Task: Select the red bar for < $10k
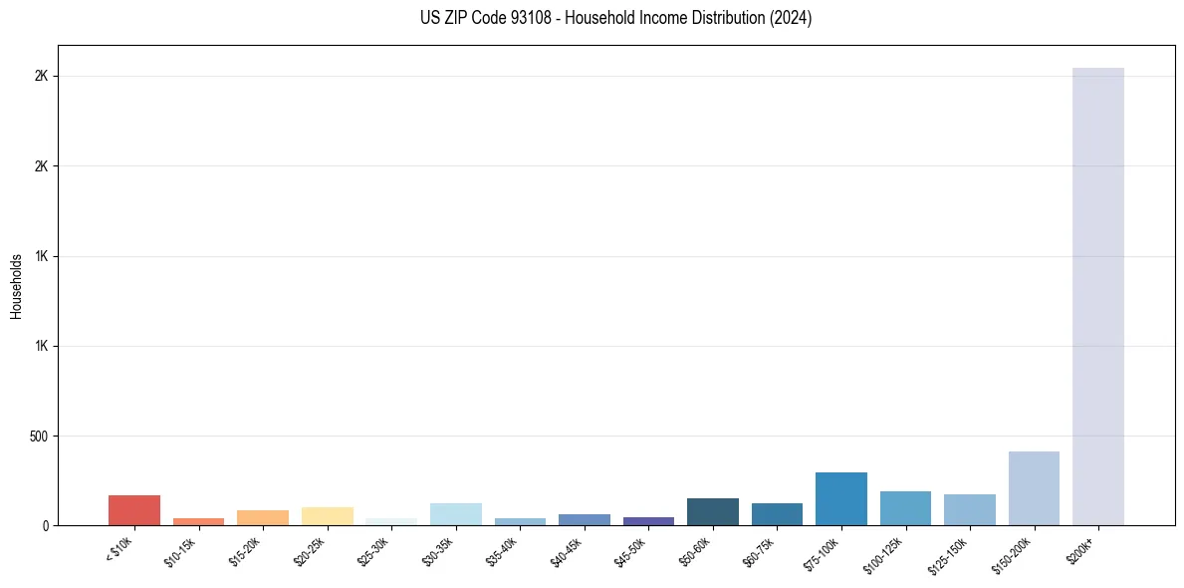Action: (134, 510)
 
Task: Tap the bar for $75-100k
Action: (841, 499)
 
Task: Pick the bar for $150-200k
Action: (1034, 488)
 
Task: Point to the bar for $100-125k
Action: (905, 508)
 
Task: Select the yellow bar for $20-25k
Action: (328, 516)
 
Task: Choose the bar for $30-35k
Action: (456, 514)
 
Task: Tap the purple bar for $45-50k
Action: (648, 521)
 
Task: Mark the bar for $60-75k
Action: (777, 514)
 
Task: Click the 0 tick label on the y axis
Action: (45, 526)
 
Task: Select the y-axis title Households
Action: (16, 286)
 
